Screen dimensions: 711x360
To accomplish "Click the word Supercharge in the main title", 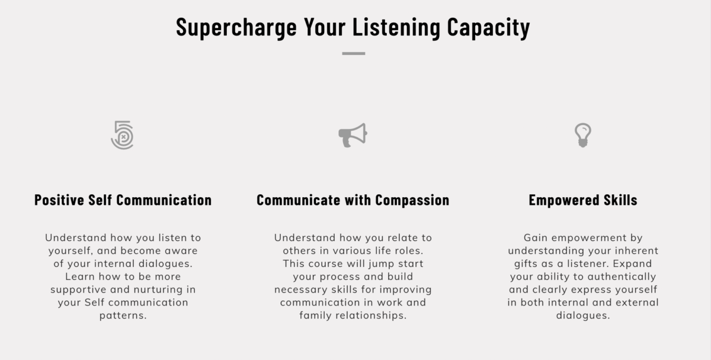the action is pos(236,28).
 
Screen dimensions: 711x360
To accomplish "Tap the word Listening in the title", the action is pos(396,28).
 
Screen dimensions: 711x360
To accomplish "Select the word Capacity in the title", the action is pos(488,28).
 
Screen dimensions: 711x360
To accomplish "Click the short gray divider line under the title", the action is pos(354,54).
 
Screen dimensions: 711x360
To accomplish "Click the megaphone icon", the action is pos(353,136).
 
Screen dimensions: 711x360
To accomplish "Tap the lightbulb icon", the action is pos(583,136).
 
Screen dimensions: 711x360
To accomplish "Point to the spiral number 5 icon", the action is pos(123,135).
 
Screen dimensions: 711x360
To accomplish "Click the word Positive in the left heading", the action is pos(59,200).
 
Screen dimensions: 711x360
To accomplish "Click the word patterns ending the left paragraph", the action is pos(123,316).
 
